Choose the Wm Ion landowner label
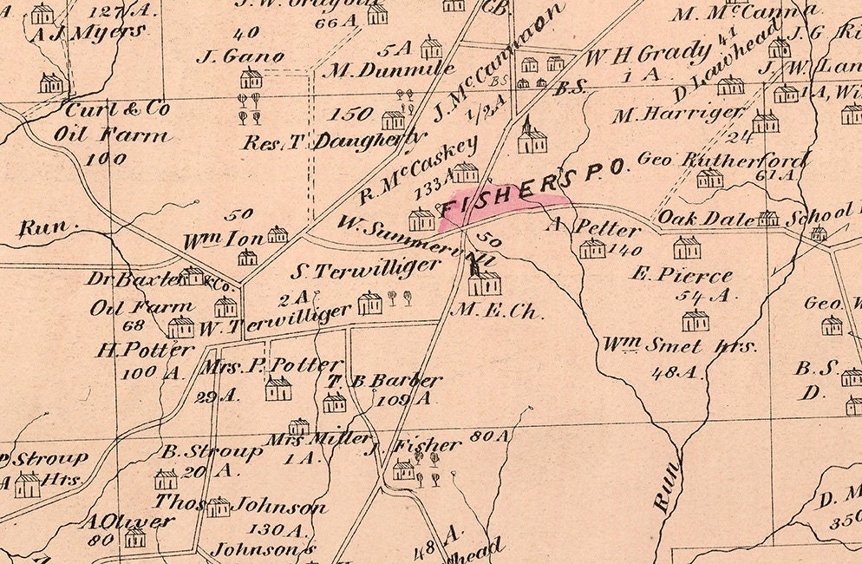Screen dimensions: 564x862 tap(221, 239)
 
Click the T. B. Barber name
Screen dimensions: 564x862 tap(384, 380)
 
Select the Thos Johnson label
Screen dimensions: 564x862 tap(240, 505)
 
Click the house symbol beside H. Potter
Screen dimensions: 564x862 tap(180, 327)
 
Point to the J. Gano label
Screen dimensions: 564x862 tap(241, 57)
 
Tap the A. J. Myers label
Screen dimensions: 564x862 tap(88, 33)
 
